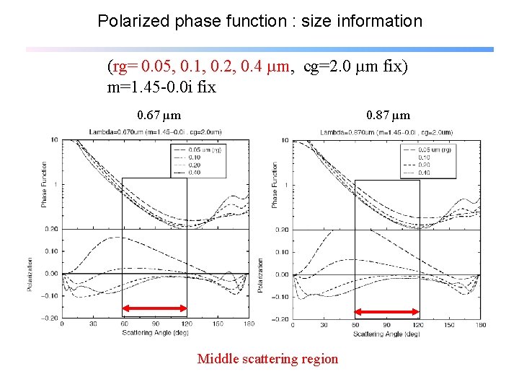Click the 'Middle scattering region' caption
pyautogui.click(x=267, y=359)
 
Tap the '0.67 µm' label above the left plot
pyautogui.click(x=159, y=115)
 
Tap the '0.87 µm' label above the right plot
pyautogui.click(x=388, y=115)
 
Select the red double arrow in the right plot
pyautogui.click(x=387, y=312)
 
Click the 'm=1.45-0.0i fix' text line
pyautogui.click(x=161, y=87)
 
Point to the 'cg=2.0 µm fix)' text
pyautogui.click(x=355, y=67)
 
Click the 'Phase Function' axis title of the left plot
pyautogui.click(x=44, y=186)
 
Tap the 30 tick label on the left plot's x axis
pyautogui.click(x=93, y=324)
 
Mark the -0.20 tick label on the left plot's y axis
pyautogui.click(x=49, y=318)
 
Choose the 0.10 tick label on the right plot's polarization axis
pyautogui.click(x=282, y=252)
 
